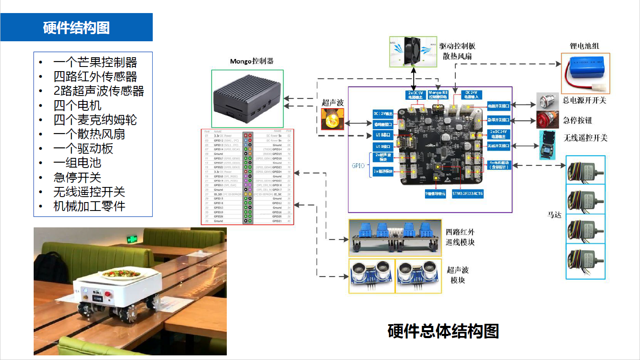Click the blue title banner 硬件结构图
click(76, 27)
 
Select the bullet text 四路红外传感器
click(95, 77)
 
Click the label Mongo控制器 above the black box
click(252, 61)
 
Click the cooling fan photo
click(413, 51)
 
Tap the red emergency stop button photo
click(547, 120)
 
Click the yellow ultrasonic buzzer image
click(332, 119)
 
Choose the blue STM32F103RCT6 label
click(467, 194)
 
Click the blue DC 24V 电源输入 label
click(471, 95)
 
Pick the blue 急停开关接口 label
click(498, 120)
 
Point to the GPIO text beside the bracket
click(358, 166)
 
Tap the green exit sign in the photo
click(132, 239)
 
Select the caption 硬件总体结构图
click(443, 331)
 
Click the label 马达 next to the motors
click(554, 215)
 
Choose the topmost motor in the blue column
click(585, 170)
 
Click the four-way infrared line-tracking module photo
click(395, 237)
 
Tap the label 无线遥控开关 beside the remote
click(585, 138)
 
